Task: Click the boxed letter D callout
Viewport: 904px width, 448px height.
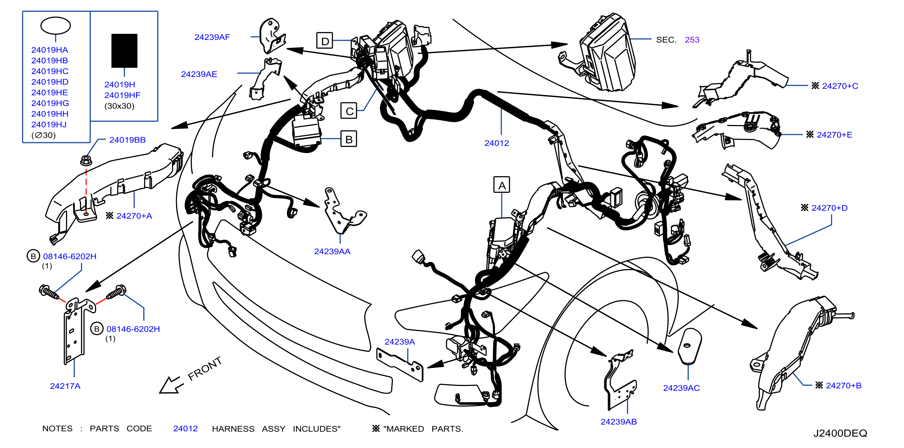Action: (325, 41)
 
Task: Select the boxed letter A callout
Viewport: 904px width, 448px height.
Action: (502, 185)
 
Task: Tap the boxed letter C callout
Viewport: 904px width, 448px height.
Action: (349, 110)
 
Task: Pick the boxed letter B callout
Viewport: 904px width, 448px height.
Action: (349, 139)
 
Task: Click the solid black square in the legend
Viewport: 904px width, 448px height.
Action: (124, 50)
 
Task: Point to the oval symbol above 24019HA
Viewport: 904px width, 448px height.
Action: (56, 26)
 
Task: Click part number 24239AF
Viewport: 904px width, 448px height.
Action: (212, 37)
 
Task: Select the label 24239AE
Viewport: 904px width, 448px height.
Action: (199, 74)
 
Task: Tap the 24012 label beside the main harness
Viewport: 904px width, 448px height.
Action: (497, 143)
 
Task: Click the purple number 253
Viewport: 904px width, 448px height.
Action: (692, 40)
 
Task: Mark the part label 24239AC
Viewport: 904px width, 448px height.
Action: (681, 388)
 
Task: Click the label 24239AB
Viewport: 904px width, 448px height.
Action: (618, 422)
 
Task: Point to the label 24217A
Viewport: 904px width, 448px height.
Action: (65, 386)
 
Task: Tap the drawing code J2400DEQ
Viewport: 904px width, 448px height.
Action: (840, 434)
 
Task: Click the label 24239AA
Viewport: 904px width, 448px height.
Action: (332, 251)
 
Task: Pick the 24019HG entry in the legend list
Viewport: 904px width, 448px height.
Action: (50, 104)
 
